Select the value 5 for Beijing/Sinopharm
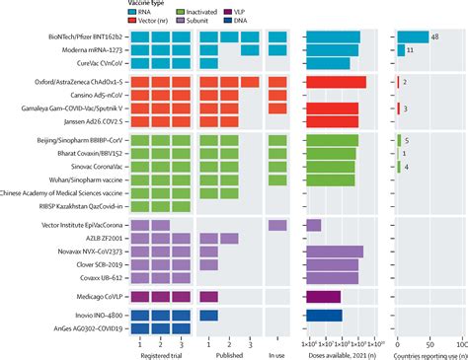(407, 141)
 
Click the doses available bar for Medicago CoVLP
(324, 296)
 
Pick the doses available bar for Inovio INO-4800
(325, 316)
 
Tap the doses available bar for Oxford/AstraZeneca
(336, 82)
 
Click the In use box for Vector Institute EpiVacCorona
(277, 226)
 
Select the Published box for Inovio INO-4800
(208, 316)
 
